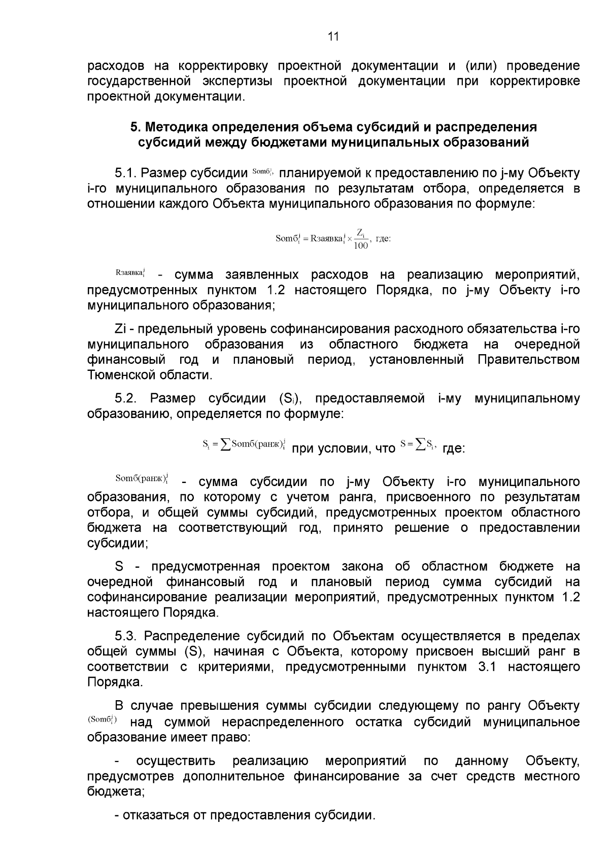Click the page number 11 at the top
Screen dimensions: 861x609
tap(333, 37)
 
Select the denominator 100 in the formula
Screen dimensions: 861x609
tap(360, 246)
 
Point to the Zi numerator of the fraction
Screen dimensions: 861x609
tap(360, 232)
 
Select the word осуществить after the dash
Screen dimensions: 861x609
tap(176, 761)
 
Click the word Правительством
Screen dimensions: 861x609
tap(528, 360)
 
